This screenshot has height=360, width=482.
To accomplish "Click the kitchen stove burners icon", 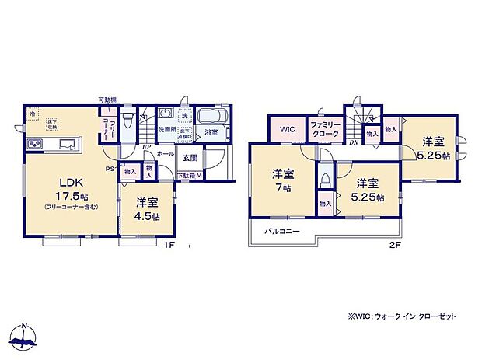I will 36,145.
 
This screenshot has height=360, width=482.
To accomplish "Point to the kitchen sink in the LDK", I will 65,145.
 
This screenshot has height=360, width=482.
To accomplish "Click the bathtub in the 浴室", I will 211,118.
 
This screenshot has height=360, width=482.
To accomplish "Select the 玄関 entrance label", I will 190,159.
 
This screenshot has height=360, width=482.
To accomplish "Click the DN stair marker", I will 355,142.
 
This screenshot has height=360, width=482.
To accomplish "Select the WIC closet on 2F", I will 288,128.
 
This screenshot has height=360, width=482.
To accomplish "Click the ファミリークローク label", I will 325,128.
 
